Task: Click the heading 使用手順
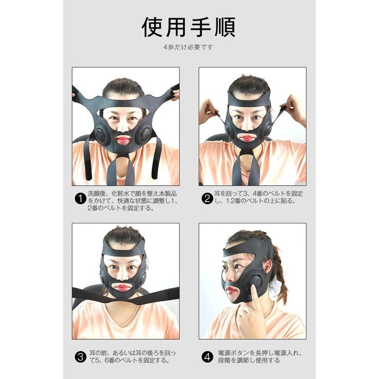[x=189, y=27]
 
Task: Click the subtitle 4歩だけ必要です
[x=188, y=47]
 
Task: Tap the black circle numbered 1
[x=80, y=199]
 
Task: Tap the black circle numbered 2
[x=207, y=199]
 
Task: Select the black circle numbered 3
[x=80, y=357]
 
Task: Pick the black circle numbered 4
[x=207, y=357]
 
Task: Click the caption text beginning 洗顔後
[x=133, y=200]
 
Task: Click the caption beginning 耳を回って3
[x=259, y=197]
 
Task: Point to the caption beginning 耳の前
[x=133, y=357]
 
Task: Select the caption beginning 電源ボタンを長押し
[x=260, y=357]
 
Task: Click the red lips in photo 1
[x=123, y=140]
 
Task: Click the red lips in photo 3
[x=123, y=288]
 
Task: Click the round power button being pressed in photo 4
[x=255, y=282]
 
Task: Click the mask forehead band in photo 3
[x=124, y=251]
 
